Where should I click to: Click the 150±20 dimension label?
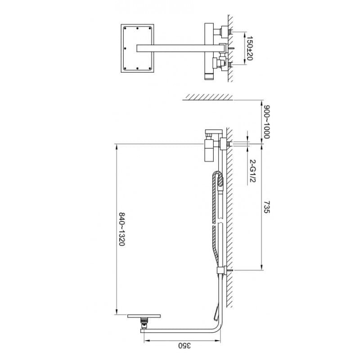tap(250, 48)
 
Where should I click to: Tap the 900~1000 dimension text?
tap(266, 122)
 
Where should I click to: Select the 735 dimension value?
tap(266, 207)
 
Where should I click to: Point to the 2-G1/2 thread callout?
tap(252, 171)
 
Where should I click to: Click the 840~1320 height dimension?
tap(121, 229)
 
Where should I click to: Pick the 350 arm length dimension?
tap(184, 345)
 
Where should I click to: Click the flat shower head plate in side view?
tap(144, 316)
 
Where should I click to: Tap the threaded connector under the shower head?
tap(144, 323)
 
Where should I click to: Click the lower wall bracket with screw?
tap(224, 270)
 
